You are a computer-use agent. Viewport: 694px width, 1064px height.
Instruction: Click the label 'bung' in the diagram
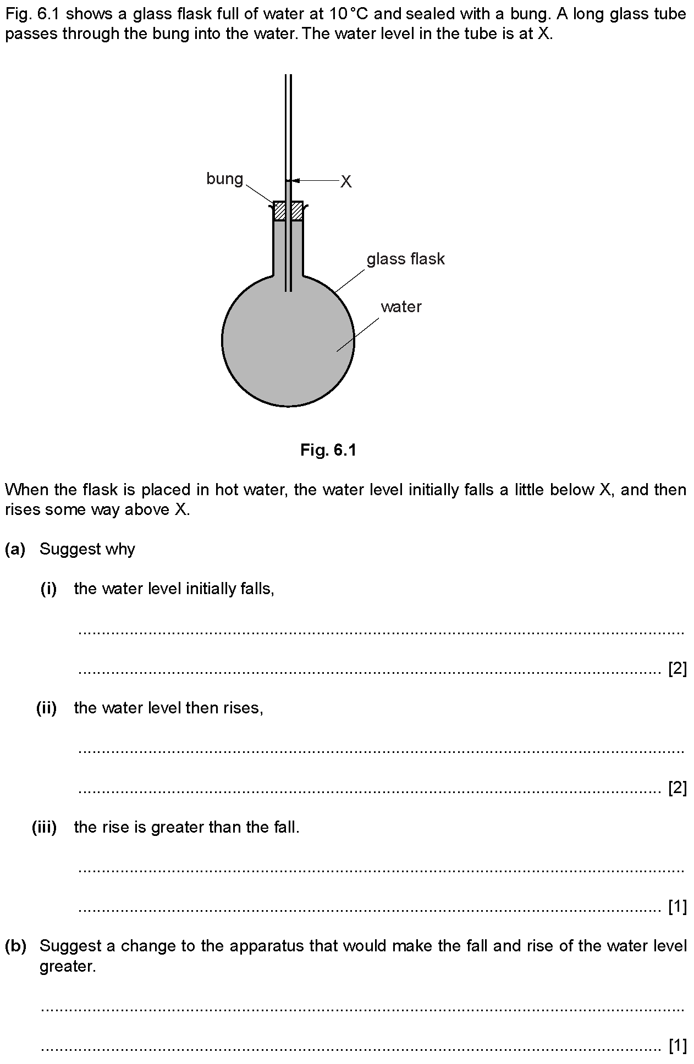pos(224,179)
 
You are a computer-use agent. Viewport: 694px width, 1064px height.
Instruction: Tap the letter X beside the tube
pos(345,181)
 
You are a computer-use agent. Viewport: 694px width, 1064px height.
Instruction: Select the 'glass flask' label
pos(405,259)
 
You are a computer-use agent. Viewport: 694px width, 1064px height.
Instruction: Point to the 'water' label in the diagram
pos(401,307)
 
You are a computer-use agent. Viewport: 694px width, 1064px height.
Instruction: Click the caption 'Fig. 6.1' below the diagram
pos(328,451)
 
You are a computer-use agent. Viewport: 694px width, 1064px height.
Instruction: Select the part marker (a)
pos(15,549)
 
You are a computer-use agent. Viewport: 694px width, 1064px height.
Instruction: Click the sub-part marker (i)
pos(49,589)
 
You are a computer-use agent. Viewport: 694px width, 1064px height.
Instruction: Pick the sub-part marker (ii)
pos(47,708)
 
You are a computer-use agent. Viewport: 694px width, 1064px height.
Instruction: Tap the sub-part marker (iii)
pos(45,827)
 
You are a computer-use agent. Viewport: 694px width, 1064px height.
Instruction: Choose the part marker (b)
pos(15,946)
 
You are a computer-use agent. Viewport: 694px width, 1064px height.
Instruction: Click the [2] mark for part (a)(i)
pos(677,669)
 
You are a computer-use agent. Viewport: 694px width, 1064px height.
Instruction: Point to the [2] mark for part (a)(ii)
pos(677,788)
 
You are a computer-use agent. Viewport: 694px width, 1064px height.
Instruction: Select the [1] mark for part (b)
pos(677,1047)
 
